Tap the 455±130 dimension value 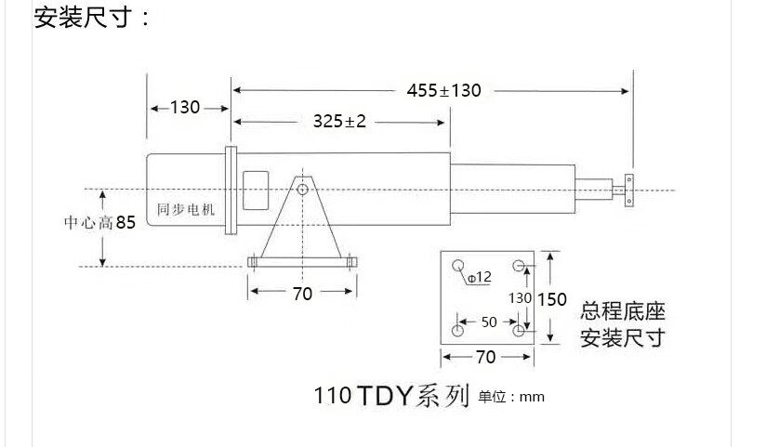[x=443, y=90]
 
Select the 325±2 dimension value [x=339, y=122]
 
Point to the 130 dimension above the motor [x=185, y=108]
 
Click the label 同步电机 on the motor [x=186, y=210]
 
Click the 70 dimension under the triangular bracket [x=302, y=294]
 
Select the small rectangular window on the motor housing [x=254, y=191]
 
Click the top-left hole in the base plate [x=458, y=267]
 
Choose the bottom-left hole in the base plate [x=458, y=330]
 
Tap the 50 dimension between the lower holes [x=488, y=322]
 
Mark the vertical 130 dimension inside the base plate [x=520, y=298]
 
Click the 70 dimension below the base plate [x=485, y=357]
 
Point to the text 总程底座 [x=623, y=311]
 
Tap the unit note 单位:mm [x=511, y=398]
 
